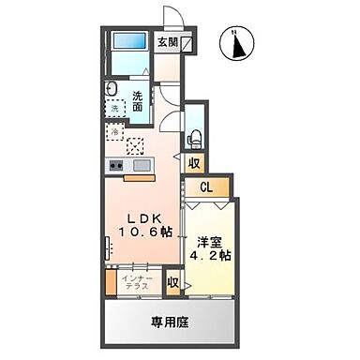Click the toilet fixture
[194, 135]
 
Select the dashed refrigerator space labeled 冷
[116, 133]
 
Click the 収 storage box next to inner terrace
[173, 282]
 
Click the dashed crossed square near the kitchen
[136, 145]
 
